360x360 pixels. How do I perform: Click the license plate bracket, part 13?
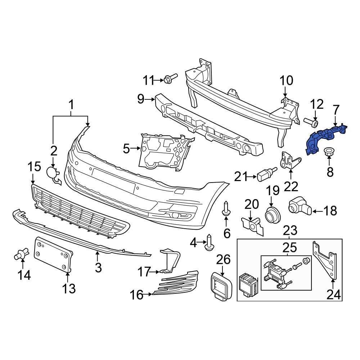[x=53, y=254]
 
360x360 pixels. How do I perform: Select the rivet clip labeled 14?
[x=21, y=255]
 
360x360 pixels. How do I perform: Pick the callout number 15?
[x=35, y=167]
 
